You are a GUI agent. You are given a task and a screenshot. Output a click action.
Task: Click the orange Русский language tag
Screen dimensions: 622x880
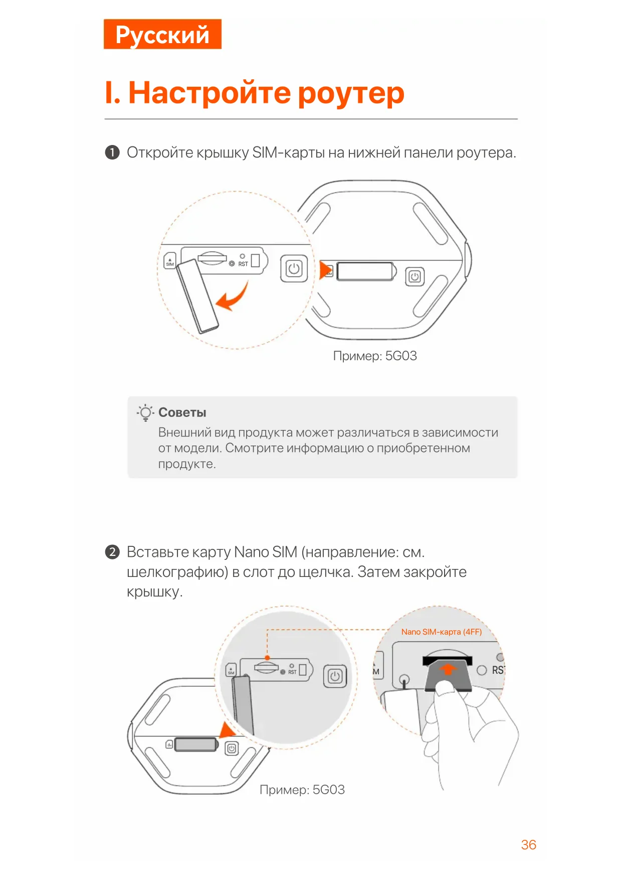coord(162,34)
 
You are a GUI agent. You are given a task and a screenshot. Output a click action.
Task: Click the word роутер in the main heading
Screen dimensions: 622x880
coord(351,93)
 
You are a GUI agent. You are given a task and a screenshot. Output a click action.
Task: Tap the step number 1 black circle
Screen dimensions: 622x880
coord(112,152)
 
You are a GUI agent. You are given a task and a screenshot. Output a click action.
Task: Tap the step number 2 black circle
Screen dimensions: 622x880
coord(112,552)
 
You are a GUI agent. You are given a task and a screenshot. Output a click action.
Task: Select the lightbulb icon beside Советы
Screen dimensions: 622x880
coord(145,412)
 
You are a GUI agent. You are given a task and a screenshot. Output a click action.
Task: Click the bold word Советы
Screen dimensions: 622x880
coord(182,412)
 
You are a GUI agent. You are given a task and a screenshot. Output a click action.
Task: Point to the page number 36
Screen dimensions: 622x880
coord(528,845)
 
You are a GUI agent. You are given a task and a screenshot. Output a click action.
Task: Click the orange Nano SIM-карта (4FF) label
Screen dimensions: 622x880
coord(441,632)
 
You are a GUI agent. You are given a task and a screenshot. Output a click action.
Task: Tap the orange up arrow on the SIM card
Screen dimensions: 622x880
coord(448,669)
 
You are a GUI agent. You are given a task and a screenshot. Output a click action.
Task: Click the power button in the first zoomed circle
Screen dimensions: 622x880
coord(294,268)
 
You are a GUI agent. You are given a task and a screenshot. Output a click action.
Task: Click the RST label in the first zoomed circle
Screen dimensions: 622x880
coord(243,264)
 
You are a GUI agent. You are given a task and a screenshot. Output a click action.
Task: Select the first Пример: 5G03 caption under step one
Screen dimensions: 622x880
coord(375,356)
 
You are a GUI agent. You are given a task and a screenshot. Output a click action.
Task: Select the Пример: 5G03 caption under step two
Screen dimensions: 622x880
coord(302,790)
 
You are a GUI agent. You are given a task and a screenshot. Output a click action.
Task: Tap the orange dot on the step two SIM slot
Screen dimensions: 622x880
coord(267,658)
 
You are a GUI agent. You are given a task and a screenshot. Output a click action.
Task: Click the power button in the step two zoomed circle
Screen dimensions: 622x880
coord(335,676)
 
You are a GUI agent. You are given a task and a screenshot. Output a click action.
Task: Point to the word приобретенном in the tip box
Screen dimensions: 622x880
coord(423,448)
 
